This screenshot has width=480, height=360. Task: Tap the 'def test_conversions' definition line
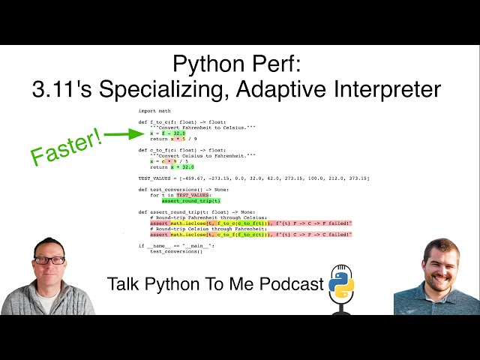[187, 190]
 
